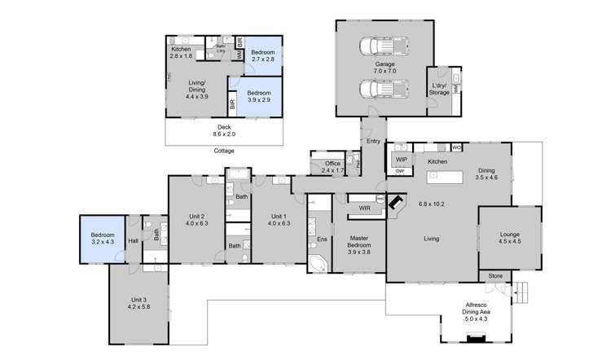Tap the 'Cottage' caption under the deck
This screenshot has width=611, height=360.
pos(224,151)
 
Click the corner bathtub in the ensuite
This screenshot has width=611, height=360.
pos(318,264)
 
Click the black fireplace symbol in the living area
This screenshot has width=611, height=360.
pos(398,203)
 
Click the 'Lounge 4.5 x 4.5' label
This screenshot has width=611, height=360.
pos(508,238)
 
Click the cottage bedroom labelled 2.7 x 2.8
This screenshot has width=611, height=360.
pos(262,55)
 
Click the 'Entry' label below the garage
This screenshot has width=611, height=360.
pos(373,142)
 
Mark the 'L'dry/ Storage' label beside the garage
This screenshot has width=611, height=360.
pos(439,89)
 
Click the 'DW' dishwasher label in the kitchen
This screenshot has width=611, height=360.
pos(401,171)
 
